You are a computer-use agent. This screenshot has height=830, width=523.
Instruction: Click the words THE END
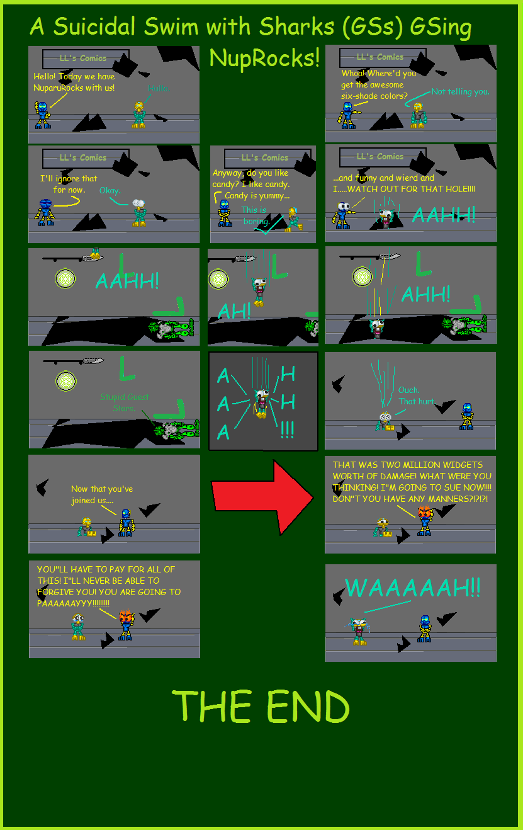click(x=261, y=706)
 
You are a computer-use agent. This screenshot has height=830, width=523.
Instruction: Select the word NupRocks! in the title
click(x=264, y=58)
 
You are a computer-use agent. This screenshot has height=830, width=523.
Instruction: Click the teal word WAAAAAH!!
click(x=412, y=588)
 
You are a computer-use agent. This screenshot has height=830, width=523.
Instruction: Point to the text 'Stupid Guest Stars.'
click(x=125, y=402)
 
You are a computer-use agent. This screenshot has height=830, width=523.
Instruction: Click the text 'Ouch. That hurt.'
click(x=416, y=395)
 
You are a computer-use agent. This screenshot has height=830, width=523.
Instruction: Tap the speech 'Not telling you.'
click(x=460, y=92)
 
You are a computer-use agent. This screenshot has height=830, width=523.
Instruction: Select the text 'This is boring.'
click(x=255, y=215)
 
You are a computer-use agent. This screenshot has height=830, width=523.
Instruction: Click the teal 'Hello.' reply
click(x=158, y=89)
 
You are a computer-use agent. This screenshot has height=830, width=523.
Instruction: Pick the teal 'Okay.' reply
click(x=110, y=190)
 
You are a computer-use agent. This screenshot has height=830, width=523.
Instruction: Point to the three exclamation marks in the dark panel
click(x=287, y=431)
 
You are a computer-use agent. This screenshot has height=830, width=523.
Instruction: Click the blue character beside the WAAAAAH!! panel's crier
click(x=425, y=628)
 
